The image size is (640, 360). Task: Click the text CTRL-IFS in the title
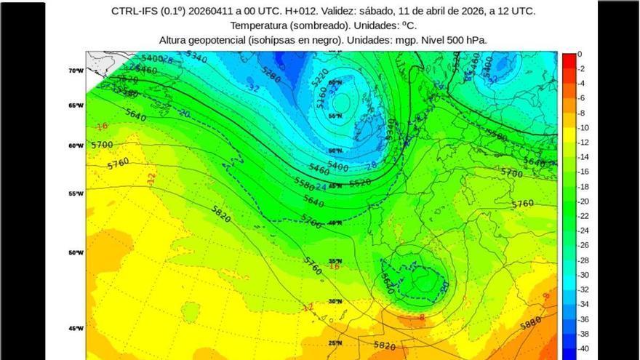[x=132, y=11]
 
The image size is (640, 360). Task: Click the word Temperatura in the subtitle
[x=257, y=25]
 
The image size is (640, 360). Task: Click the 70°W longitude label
[x=76, y=71]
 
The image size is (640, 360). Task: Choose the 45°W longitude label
[x=76, y=328]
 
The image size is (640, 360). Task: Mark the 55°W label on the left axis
[x=76, y=193]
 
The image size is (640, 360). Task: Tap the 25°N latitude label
[x=335, y=343]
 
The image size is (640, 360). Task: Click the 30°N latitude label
[x=335, y=301]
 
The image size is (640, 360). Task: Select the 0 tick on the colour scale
[x=580, y=54]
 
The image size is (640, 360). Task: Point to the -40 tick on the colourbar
[x=582, y=349]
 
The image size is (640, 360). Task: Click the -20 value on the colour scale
[x=582, y=201]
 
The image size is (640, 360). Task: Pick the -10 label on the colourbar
[x=582, y=128]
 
